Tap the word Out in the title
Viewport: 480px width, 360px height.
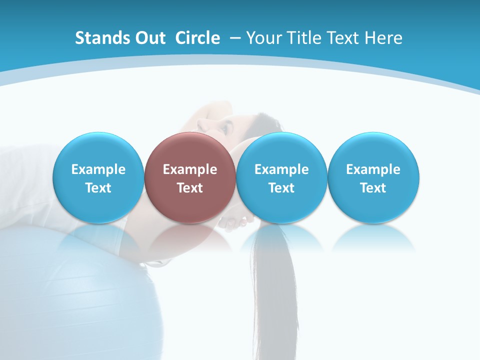tap(147, 38)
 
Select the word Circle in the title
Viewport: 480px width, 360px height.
tap(197, 38)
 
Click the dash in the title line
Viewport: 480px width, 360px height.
tap(235, 38)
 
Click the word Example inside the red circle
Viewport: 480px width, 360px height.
tap(189, 169)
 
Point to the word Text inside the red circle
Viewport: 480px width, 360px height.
tap(189, 188)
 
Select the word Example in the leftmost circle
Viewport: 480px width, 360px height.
tap(98, 169)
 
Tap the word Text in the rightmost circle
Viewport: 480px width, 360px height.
tap(373, 188)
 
